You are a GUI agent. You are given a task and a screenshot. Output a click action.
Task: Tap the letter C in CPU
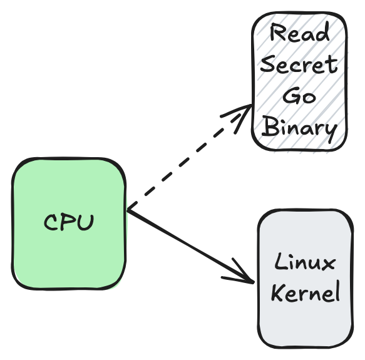[52, 222]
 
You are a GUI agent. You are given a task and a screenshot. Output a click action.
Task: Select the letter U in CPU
[86, 222]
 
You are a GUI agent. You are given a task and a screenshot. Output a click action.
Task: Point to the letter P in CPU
[69, 223]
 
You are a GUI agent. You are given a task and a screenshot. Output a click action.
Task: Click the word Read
[299, 33]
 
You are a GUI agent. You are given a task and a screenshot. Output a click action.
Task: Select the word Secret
[299, 64]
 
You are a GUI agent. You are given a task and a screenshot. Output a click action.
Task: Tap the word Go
[299, 96]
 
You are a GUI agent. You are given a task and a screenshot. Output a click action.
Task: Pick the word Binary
[299, 128]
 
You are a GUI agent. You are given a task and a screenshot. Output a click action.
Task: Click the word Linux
[305, 263]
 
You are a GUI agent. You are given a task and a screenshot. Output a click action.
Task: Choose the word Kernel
[305, 293]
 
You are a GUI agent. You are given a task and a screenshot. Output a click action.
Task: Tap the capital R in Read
[275, 33]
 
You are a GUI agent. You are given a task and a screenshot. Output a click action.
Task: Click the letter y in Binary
[329, 131]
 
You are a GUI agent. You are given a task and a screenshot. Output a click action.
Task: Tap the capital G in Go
[291, 96]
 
